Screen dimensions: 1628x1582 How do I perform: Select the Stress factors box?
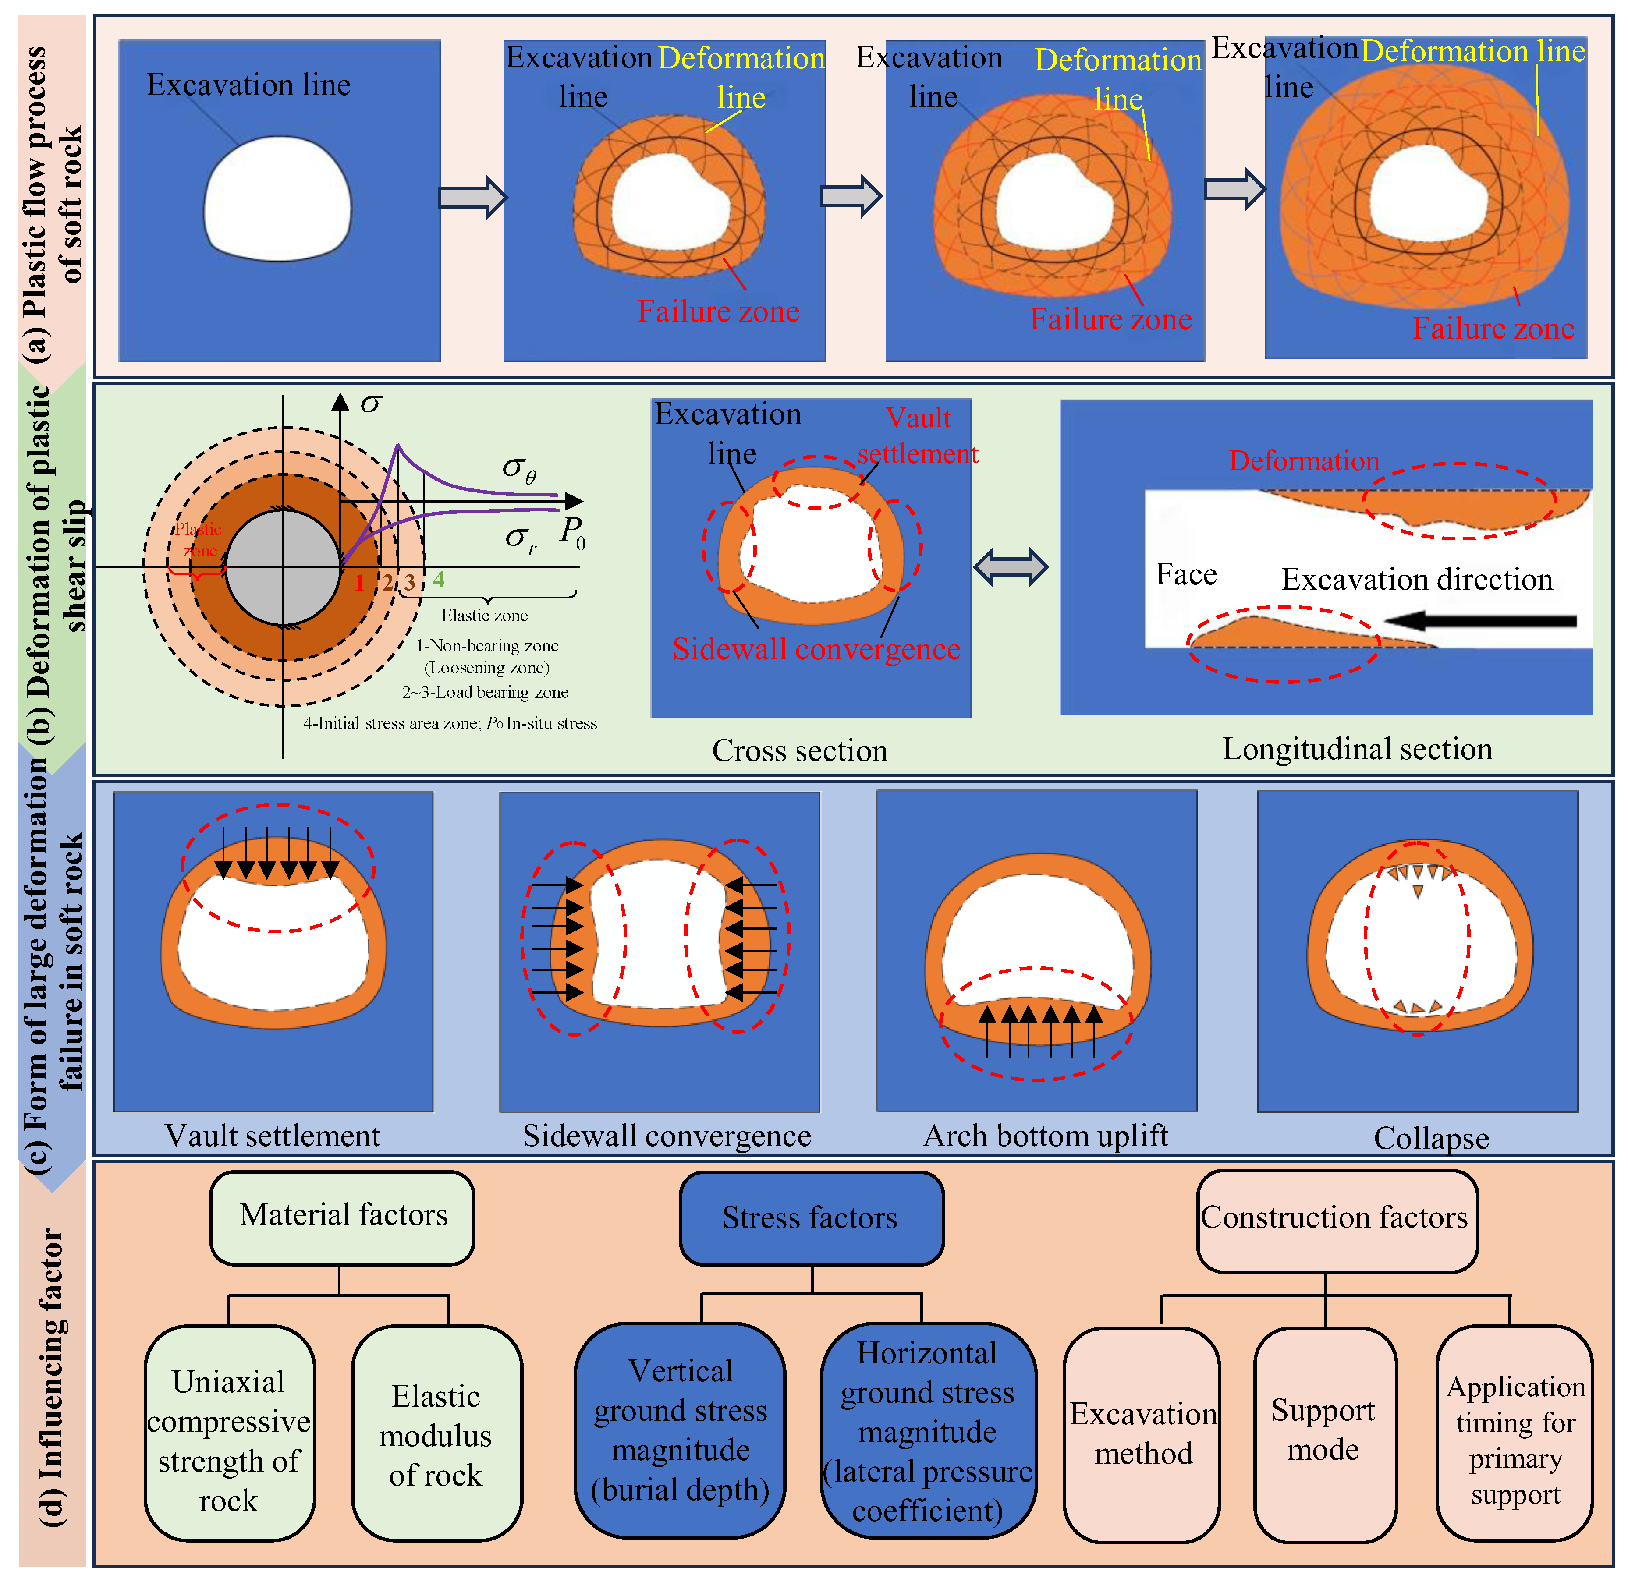click(811, 1218)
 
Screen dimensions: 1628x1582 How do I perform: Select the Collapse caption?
click(1431, 1138)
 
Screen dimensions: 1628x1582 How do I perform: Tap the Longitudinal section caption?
click(1357, 749)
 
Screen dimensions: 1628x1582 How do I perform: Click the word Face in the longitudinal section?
click(1186, 574)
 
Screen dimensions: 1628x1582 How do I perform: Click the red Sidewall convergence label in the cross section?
click(816, 649)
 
